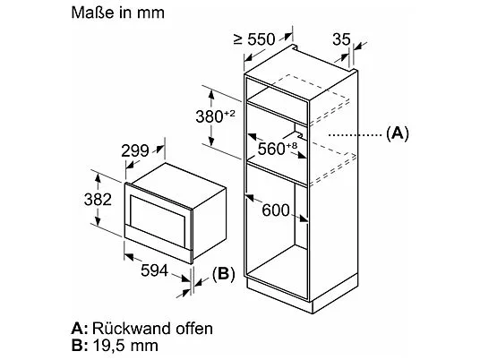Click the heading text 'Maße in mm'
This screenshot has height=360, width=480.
tap(118, 13)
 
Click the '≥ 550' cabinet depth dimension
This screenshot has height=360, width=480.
tap(254, 39)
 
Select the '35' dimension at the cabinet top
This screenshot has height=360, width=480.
tap(341, 39)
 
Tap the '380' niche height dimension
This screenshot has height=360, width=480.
tap(210, 116)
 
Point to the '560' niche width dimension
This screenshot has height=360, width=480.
tap(271, 149)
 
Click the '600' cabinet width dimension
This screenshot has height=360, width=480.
tap(276, 210)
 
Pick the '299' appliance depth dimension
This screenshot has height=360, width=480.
tap(135, 150)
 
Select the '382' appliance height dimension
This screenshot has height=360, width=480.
tap(98, 200)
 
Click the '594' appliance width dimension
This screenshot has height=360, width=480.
tap(155, 270)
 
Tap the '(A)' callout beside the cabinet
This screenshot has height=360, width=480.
tap(398, 133)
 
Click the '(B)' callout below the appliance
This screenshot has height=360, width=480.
tap(224, 273)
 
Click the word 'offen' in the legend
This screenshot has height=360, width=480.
tap(194, 328)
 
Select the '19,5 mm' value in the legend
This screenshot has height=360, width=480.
tap(124, 346)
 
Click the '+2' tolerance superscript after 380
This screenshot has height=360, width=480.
tap(229, 114)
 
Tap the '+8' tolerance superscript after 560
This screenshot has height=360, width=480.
tap(292, 145)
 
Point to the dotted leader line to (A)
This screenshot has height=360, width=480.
tap(356, 134)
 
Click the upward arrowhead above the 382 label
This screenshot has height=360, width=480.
tap(98, 177)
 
